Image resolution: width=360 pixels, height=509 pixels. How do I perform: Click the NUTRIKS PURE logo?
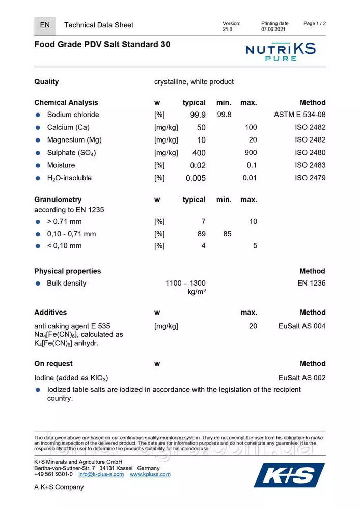pos(281,51)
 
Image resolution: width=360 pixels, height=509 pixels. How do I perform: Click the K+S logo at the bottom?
pos(289,475)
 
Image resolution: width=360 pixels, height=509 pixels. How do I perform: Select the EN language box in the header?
pos(45,25)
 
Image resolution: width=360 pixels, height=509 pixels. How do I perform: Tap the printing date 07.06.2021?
pos(273,30)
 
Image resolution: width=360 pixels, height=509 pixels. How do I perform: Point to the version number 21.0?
pos(227,30)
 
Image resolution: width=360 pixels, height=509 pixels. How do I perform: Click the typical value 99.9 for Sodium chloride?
pos(198,115)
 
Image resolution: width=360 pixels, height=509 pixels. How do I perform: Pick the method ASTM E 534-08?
pos(299,115)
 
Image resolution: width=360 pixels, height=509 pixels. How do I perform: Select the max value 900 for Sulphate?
pos(251,152)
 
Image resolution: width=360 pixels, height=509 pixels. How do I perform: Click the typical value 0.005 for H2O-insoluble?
pos(196,178)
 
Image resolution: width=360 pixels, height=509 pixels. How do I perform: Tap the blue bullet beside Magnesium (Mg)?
pos(38,140)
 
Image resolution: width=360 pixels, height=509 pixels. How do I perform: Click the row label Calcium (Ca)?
pos(68,127)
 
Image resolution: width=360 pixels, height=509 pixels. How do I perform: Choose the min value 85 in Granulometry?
pos(227,234)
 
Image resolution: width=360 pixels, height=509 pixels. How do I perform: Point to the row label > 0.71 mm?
pos(64,221)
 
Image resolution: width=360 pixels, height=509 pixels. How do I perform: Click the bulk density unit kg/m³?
pos(197,292)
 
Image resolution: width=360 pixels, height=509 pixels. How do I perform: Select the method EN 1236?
pos(312,283)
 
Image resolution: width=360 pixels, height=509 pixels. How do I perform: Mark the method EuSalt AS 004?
pos(302,326)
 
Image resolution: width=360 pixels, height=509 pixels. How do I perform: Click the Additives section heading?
pos(50,312)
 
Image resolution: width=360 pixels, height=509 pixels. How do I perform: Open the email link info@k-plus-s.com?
pos(101,474)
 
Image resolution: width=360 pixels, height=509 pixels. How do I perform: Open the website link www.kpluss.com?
pos(150,474)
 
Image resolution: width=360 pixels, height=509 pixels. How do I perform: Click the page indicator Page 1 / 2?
pos(314,23)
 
